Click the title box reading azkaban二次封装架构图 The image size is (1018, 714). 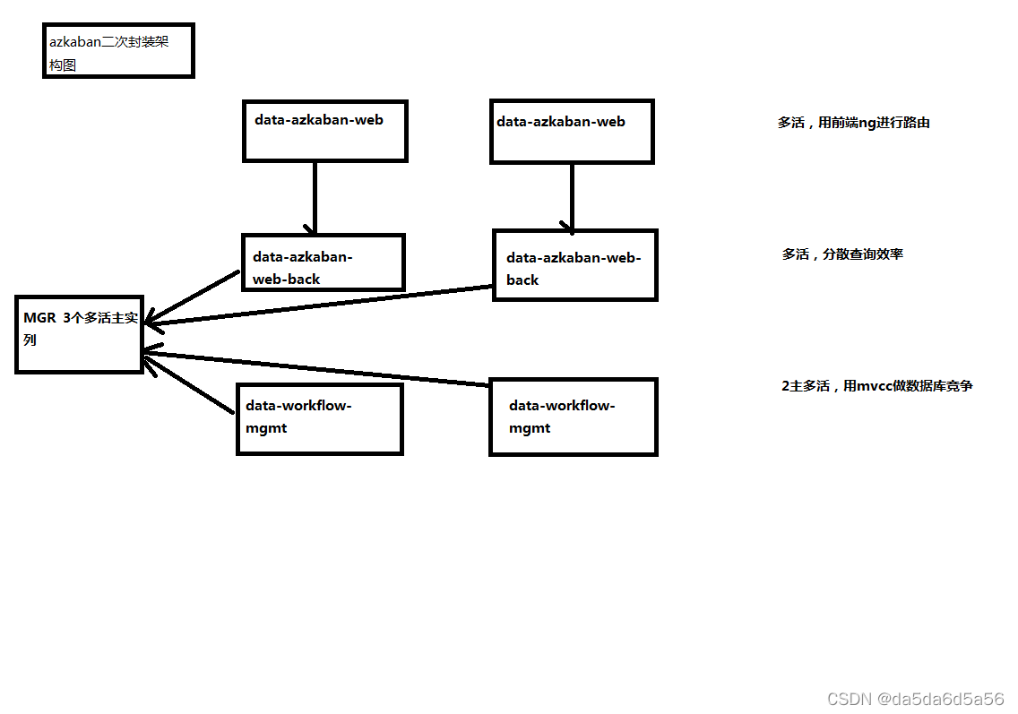(118, 51)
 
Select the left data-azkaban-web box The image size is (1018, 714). (325, 131)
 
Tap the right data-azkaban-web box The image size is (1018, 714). (572, 132)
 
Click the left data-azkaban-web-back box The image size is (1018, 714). (323, 262)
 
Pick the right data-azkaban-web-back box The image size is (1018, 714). (574, 265)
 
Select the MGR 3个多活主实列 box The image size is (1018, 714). (79, 333)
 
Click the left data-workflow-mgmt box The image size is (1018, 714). (319, 418)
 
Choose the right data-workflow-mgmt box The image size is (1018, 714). (574, 417)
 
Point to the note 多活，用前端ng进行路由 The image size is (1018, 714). (853, 123)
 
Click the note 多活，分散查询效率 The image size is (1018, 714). (842, 254)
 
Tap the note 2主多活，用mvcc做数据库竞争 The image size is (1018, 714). (877, 386)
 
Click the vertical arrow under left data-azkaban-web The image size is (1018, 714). (315, 197)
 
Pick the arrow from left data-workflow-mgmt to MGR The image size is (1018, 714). (191, 382)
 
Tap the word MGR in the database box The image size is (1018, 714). (39, 318)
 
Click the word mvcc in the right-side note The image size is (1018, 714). (876, 386)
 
